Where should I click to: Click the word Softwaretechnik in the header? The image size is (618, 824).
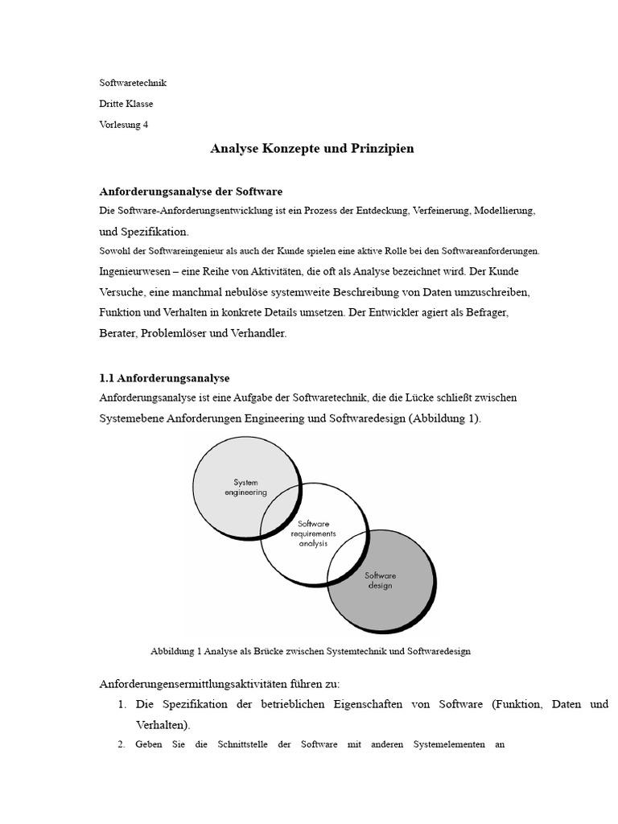133,83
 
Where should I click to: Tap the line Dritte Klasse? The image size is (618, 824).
126,104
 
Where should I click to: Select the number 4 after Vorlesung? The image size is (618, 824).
146,125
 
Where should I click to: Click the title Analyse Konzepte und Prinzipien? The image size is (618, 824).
312,149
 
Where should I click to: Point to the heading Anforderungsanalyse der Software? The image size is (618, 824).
191,192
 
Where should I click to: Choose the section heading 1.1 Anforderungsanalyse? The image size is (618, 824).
164,378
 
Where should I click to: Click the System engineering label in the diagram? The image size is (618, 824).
245,488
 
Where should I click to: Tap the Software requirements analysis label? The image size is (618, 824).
313,533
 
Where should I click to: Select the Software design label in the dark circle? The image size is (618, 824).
379,580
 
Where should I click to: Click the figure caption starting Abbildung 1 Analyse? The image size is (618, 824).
310,652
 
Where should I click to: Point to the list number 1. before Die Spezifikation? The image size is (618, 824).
122,704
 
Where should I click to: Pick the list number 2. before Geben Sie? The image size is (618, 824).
122,744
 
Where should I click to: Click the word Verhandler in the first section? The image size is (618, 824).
258,333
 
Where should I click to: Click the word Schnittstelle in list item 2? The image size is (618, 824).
245,744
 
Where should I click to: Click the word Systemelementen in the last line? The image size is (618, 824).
446,744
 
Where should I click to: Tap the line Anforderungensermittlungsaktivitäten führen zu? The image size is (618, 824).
220,684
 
